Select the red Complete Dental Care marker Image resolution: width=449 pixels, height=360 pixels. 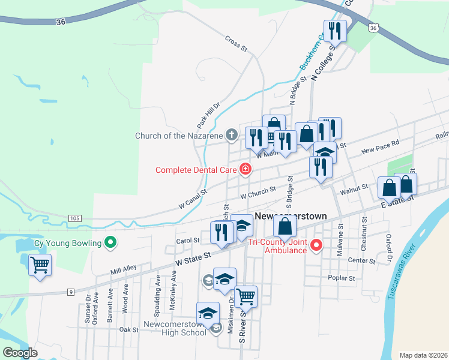point(245,170)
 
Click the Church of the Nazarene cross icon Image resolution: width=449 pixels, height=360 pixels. point(232,135)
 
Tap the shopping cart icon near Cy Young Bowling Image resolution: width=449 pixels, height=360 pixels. point(40,264)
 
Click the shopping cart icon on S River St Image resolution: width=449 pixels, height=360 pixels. point(246,296)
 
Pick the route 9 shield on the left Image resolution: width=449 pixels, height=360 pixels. point(70,292)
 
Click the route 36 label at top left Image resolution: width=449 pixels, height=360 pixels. point(60,22)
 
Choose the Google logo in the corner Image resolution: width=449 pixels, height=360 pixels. point(20,352)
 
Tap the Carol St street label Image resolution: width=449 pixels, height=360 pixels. point(187,241)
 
